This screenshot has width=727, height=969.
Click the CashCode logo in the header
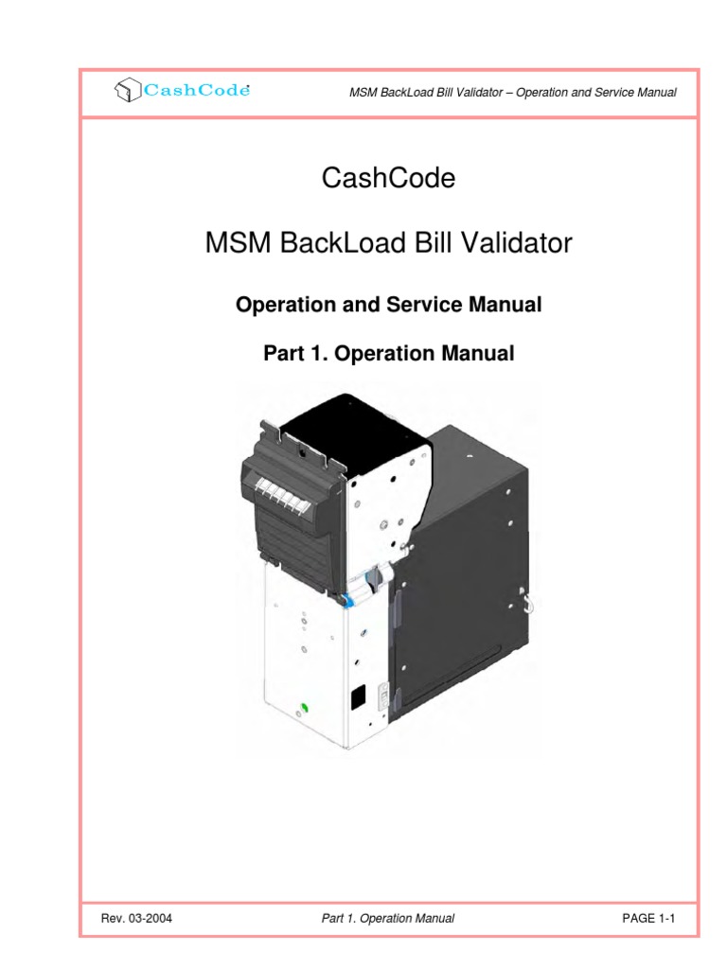[x=182, y=91]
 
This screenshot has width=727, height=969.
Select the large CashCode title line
[x=389, y=178]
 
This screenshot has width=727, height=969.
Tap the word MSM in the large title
[x=238, y=244]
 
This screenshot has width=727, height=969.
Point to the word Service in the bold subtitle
[x=421, y=305]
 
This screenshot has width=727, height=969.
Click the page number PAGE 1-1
[x=647, y=918]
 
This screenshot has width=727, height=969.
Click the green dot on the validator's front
[x=305, y=707]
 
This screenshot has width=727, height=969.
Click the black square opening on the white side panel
[x=358, y=698]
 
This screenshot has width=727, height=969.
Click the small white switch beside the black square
[x=384, y=698]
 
